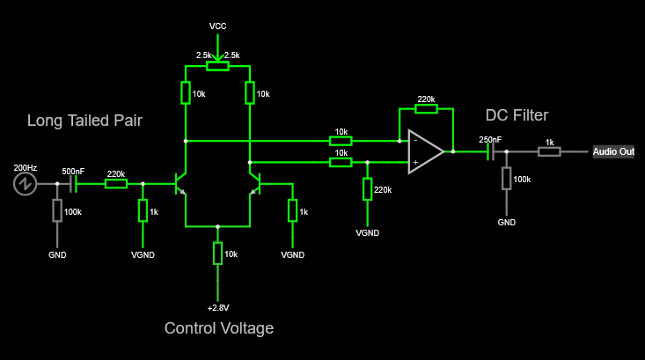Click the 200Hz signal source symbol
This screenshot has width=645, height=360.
pyautogui.click(x=24, y=184)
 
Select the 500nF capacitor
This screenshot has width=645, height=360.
pyautogui.click(x=74, y=184)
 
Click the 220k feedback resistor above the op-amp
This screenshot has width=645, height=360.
pyautogui.click(x=426, y=110)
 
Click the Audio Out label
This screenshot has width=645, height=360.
pyautogui.click(x=613, y=152)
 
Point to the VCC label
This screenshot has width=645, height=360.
pyautogui.click(x=218, y=26)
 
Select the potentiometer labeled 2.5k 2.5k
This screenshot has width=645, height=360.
pyautogui.click(x=217, y=65)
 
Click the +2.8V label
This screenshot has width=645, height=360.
pyautogui.click(x=218, y=307)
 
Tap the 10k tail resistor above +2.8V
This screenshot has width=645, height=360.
pyautogui.click(x=218, y=253)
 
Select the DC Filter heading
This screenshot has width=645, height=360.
pyautogui.click(x=517, y=115)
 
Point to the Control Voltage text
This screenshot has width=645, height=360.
pyautogui.click(x=219, y=328)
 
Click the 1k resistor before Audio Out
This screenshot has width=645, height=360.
pyautogui.click(x=549, y=152)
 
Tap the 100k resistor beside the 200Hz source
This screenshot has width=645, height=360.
pyautogui.click(x=57, y=210)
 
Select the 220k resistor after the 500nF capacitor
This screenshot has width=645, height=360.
pyautogui.click(x=116, y=184)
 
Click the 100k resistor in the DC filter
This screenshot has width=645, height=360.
pyautogui.click(x=506, y=179)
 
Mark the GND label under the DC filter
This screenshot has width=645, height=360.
pyautogui.click(x=506, y=223)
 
